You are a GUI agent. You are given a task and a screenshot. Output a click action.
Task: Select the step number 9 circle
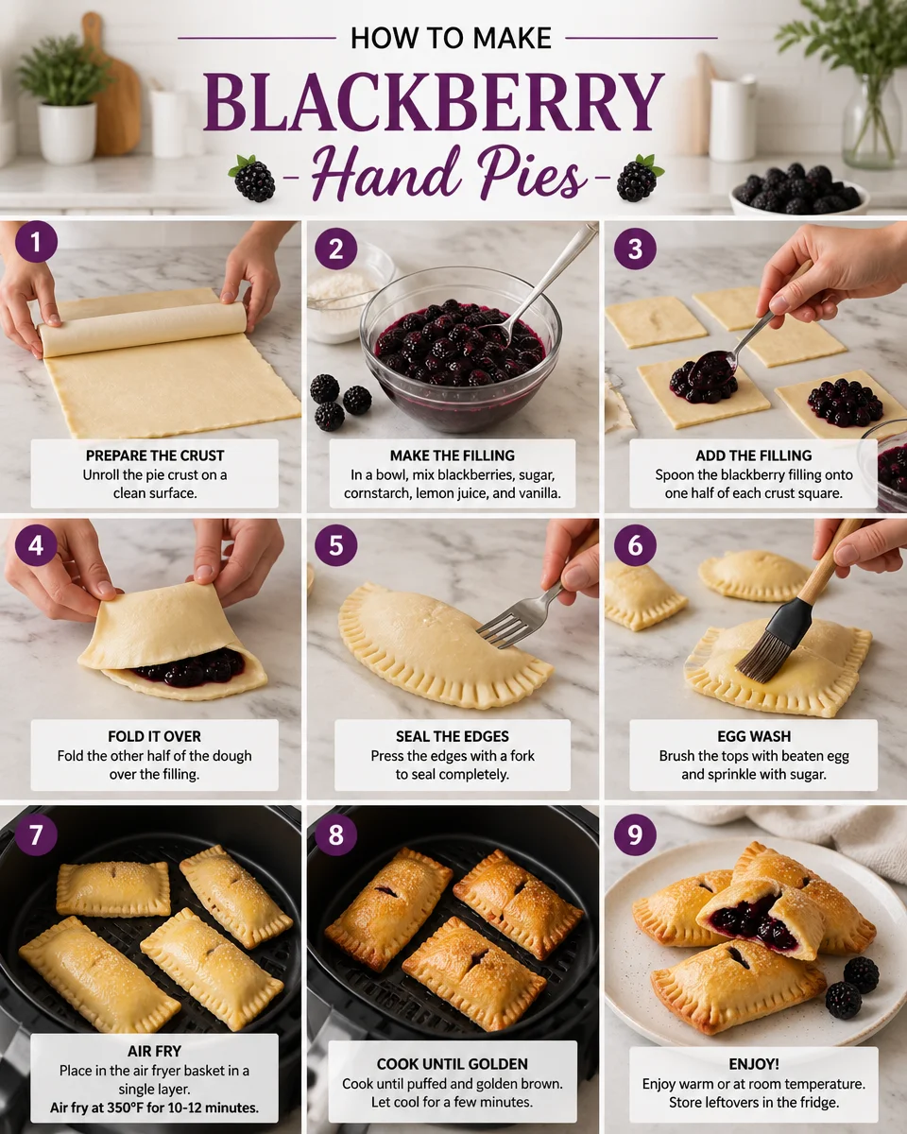pos(635,834)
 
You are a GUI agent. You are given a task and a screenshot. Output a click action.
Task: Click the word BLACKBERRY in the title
pos(434,103)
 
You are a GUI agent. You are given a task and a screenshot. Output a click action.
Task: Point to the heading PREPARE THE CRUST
pos(154,455)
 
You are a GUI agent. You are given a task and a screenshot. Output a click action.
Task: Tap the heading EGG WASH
pos(753,736)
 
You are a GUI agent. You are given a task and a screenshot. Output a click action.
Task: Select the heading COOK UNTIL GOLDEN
pos(452,1062)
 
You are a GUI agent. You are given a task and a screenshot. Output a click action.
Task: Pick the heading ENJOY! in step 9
pos(753,1064)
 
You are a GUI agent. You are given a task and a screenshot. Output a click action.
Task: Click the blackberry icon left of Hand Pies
pos(253,179)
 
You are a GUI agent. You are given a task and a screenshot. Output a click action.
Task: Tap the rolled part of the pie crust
pos(142,329)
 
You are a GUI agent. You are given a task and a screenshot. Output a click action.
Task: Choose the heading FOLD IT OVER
pos(154,736)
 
